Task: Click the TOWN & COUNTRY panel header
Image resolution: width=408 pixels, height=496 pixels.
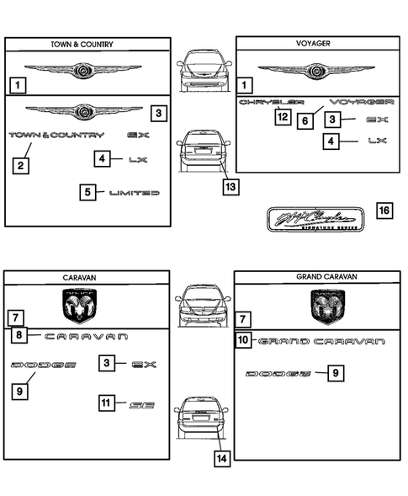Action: tap(88, 45)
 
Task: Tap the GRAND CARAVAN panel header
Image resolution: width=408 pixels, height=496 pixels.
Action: tap(317, 276)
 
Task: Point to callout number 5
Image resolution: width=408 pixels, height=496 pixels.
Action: tap(88, 193)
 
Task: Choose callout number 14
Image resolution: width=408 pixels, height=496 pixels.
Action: tap(221, 459)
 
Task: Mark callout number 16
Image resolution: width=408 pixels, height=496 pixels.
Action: tap(383, 211)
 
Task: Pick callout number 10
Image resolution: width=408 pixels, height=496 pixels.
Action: tap(243, 341)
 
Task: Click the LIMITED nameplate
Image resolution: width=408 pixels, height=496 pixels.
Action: tap(135, 193)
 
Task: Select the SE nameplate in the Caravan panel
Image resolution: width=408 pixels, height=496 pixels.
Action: tap(141, 404)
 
